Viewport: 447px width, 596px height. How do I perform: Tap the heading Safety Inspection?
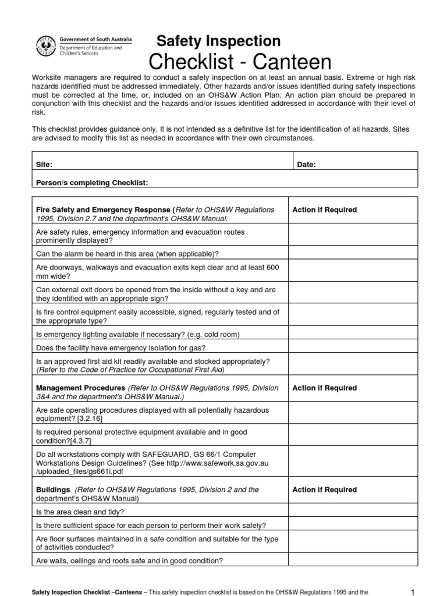[x=219, y=41]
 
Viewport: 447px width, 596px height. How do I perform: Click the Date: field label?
[x=306, y=165]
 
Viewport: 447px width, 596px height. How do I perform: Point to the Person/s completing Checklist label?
[x=92, y=183]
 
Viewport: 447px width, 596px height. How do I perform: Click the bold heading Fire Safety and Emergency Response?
[x=104, y=210]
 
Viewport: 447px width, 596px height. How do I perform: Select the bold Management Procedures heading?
[x=80, y=388]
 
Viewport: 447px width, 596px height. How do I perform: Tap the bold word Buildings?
[x=53, y=490]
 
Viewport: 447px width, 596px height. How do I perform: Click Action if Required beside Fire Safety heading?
[x=324, y=210]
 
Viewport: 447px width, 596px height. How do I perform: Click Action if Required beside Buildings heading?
[x=324, y=490]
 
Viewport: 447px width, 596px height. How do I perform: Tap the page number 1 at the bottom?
[x=413, y=593]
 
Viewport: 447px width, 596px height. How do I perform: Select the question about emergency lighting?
[x=138, y=334]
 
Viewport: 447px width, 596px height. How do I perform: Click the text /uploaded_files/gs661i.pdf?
[x=78, y=471]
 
